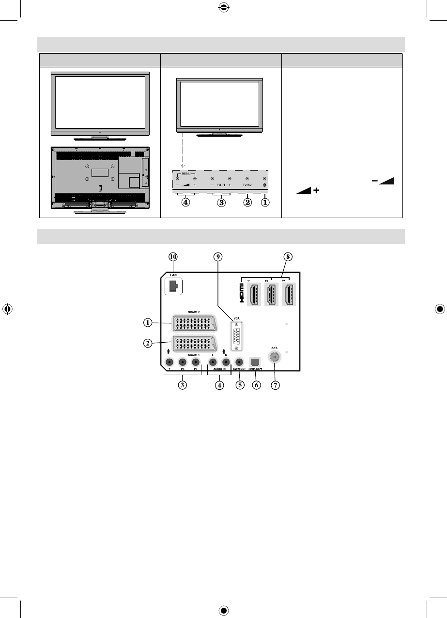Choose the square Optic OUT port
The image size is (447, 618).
click(x=255, y=362)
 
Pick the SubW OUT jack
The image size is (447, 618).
click(x=239, y=362)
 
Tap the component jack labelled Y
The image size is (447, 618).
click(x=169, y=362)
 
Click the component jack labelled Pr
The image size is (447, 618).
click(x=196, y=362)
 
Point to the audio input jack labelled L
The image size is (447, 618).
click(x=213, y=362)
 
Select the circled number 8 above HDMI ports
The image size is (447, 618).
click(x=289, y=257)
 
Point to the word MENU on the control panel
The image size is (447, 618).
click(x=186, y=174)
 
